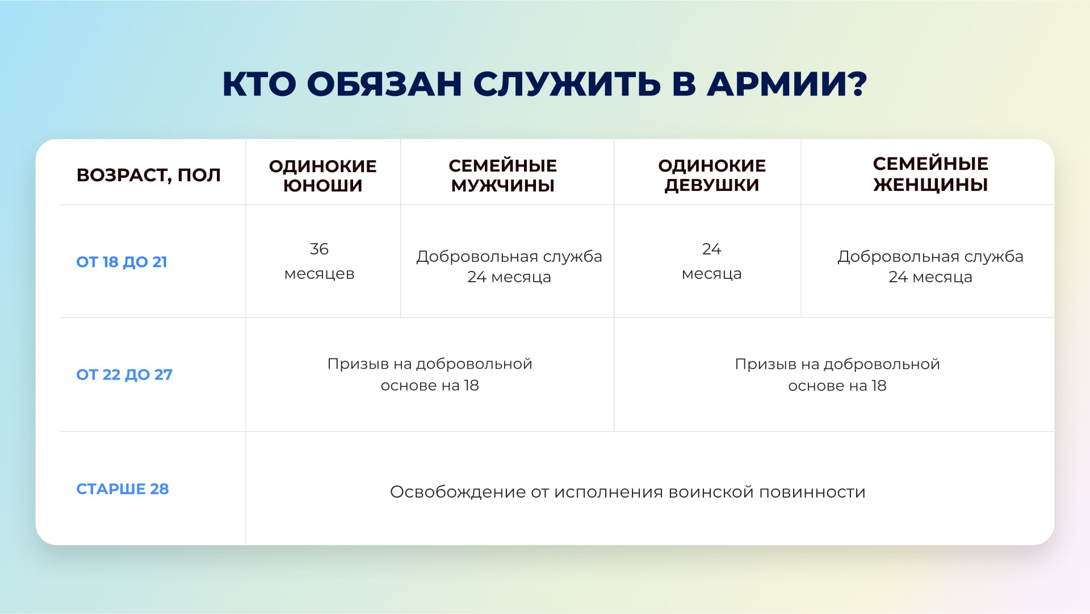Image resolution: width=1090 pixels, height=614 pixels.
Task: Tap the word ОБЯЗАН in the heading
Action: pos(384,84)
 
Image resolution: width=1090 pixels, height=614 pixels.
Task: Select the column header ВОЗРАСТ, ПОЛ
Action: pos(149,175)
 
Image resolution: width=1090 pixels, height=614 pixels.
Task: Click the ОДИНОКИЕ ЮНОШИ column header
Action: pos(322,176)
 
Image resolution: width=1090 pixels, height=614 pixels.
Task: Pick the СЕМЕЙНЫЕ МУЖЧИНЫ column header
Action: pos(502,176)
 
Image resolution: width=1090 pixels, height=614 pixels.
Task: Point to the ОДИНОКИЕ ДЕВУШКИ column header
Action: pos(712,175)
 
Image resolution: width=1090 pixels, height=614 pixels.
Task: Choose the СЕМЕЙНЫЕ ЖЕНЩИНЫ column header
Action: pos(930,174)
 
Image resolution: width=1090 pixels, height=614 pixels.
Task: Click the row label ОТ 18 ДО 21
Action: pos(121,262)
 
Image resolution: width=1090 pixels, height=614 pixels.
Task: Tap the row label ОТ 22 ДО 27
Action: pos(124,374)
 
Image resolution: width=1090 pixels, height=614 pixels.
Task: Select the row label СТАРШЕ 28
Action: pos(123,489)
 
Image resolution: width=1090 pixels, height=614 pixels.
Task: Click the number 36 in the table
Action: pos(319,249)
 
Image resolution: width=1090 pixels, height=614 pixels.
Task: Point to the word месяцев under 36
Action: pos(319,274)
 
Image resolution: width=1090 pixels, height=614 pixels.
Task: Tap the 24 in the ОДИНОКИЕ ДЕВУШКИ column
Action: pos(711,249)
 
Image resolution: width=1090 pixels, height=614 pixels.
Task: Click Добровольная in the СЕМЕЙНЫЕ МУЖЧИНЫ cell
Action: pos(477,257)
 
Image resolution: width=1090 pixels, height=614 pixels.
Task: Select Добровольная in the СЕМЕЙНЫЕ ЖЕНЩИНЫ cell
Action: pos(898,257)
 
